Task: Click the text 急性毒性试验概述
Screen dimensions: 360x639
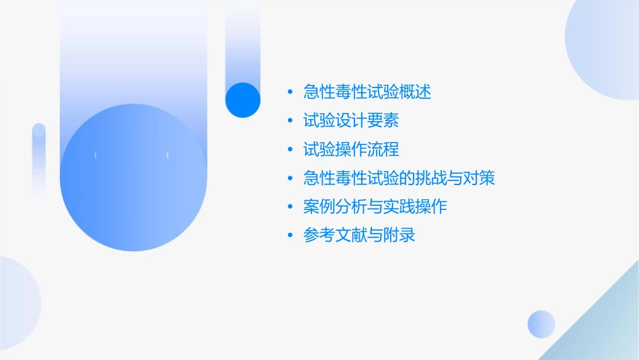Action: point(367,92)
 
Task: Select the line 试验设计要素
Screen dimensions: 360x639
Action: point(351,121)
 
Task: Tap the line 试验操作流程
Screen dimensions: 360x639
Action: point(351,149)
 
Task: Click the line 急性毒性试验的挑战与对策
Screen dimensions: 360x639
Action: point(400,178)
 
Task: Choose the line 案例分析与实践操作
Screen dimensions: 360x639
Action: point(375,207)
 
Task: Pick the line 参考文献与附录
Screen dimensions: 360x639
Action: point(359,236)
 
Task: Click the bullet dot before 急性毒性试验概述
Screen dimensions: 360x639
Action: point(290,92)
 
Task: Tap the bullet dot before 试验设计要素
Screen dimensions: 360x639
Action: point(290,121)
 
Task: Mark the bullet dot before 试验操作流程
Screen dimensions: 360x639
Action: point(290,149)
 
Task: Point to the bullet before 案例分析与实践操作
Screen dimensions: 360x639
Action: point(290,207)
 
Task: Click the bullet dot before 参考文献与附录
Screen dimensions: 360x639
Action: point(290,236)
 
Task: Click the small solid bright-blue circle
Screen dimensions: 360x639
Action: point(243,100)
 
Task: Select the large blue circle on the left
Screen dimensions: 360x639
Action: point(133,178)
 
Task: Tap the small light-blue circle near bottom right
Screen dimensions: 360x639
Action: point(541,324)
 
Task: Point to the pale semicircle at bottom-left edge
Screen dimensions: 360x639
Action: point(17,303)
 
